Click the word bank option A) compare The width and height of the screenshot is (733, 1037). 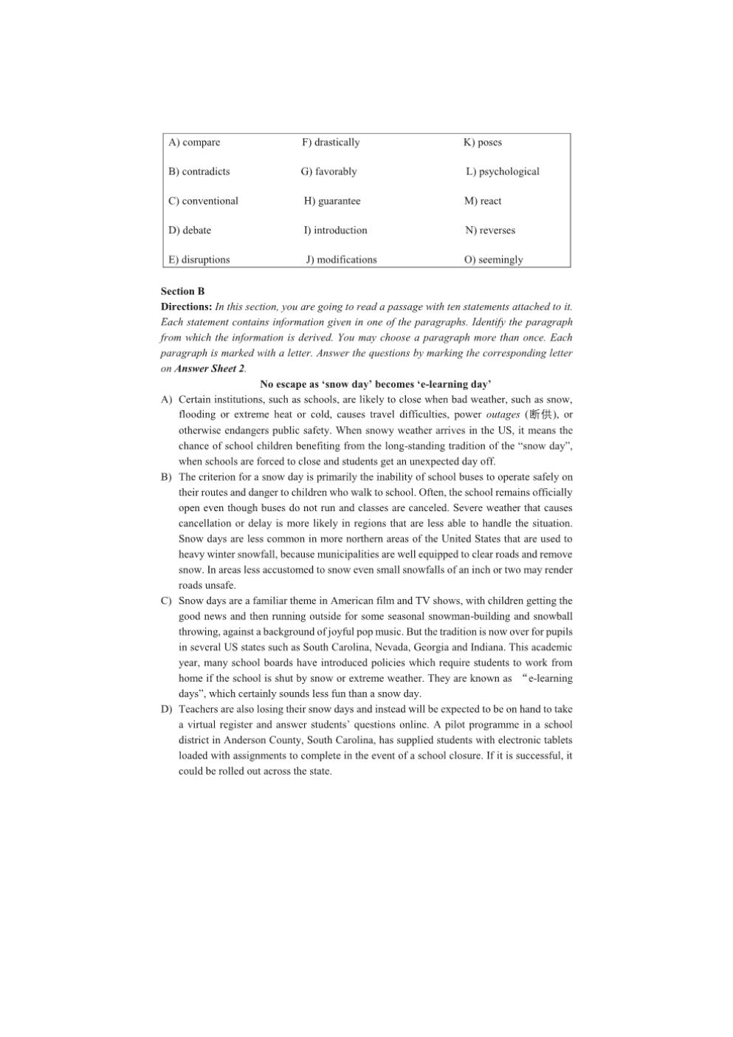coord(194,143)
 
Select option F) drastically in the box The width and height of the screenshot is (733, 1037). coord(331,143)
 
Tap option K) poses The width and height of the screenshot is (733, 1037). coord(483,143)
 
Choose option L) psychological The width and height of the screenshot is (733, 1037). coord(503,171)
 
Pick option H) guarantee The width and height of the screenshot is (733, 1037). coord(332,201)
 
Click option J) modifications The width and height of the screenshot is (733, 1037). coord(341,260)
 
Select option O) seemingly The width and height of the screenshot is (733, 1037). coord(493,260)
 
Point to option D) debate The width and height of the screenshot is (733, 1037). coord(190,230)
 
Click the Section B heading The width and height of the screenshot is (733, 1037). coord(183,291)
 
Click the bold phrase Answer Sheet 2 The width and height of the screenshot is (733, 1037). coord(210,369)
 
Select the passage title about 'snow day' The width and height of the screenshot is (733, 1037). coord(376,384)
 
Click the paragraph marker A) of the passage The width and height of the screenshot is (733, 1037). coord(166,400)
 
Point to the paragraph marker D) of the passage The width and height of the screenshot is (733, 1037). coord(166,709)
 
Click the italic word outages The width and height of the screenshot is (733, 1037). coord(503,415)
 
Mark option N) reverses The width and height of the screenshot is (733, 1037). coord(490,230)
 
